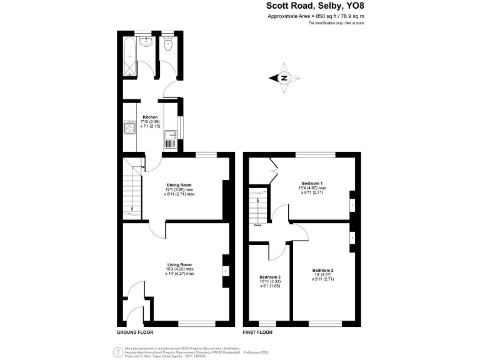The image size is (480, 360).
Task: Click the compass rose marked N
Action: tap(284, 78)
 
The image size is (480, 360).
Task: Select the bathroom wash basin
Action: tap(146, 42)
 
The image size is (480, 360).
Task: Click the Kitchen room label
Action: tap(150, 117)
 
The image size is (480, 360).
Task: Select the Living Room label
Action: tap(179, 264)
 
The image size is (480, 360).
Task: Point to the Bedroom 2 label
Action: tap(323, 270)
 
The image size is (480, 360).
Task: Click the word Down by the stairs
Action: tap(257, 226)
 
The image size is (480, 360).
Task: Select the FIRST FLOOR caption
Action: tap(259, 332)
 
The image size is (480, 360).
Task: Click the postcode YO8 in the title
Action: tap(352, 7)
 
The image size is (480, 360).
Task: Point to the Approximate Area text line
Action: tap(316, 16)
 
